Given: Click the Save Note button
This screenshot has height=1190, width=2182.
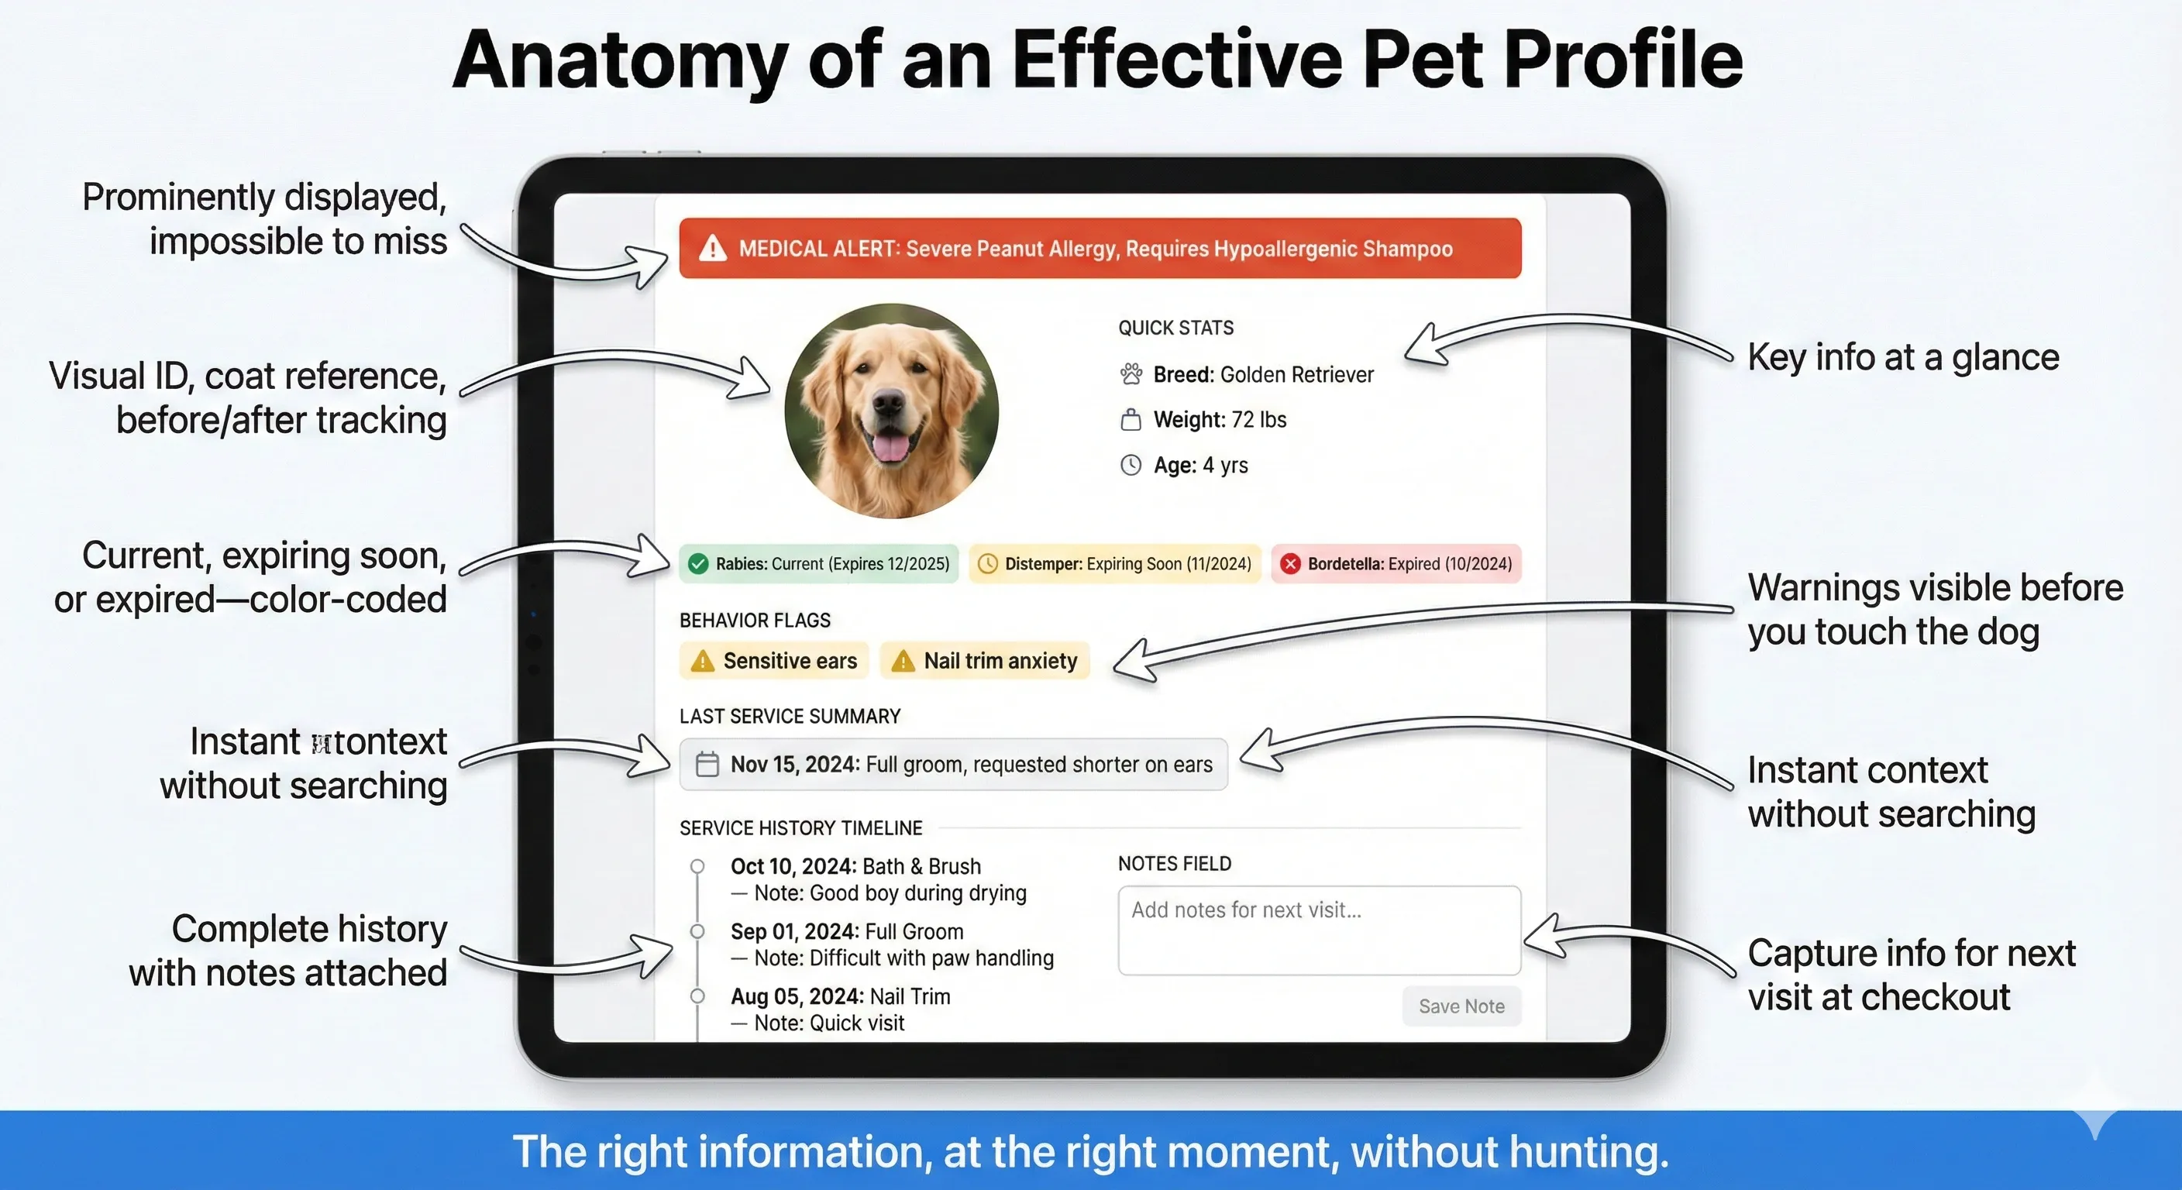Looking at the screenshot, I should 1461,1006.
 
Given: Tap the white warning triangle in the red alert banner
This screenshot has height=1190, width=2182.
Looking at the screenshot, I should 712,248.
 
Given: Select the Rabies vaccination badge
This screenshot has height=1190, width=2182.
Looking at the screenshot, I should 818,564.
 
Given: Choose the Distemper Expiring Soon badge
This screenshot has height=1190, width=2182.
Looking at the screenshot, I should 1115,564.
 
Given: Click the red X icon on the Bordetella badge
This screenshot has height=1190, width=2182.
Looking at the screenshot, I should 1289,564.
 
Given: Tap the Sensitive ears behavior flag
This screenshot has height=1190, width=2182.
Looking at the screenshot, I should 774,661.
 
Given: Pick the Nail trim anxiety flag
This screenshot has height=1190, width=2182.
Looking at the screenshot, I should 984,661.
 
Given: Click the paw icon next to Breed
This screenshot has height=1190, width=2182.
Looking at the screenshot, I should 1131,373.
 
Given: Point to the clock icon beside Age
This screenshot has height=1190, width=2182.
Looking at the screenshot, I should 1131,465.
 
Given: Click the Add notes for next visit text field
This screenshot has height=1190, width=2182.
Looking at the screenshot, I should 1319,930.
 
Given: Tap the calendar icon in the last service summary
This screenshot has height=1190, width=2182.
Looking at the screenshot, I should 707,764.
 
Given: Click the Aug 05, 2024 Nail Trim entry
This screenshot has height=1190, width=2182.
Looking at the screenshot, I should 840,996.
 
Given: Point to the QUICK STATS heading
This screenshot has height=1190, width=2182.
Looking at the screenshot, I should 1175,328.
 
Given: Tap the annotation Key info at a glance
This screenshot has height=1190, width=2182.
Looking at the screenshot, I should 1902,356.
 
